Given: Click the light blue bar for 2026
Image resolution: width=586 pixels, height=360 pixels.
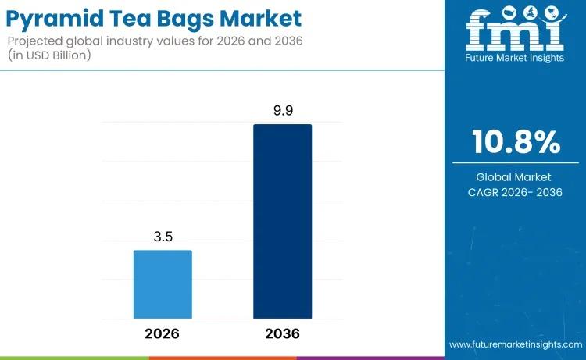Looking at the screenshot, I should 163,284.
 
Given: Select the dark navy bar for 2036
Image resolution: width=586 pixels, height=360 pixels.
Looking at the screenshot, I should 282,221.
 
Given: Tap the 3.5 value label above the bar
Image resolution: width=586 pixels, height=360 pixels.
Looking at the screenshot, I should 163,237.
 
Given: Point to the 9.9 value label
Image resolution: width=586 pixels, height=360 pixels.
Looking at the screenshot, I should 282,111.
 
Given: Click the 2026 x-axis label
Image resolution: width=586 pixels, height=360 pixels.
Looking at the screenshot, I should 162,333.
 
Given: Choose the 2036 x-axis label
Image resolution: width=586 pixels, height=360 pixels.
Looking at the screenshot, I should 282,333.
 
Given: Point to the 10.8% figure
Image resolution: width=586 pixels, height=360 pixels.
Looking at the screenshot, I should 516,143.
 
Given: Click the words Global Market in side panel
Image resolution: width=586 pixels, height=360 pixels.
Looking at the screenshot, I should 514,177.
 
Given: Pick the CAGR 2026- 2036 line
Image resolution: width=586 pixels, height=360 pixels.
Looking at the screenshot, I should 514,192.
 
